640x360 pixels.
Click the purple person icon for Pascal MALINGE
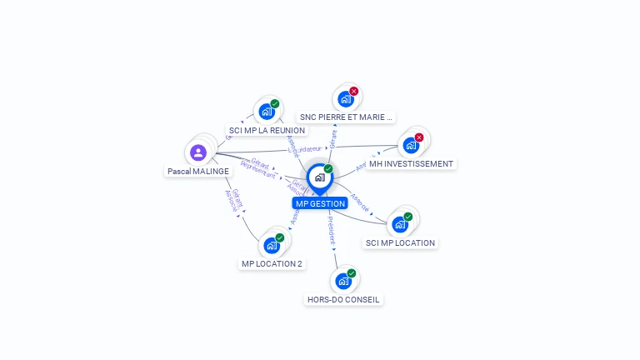(197, 152)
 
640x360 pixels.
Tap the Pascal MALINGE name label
(198, 171)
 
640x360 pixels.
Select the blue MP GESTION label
(320, 203)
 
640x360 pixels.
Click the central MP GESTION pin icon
(319, 177)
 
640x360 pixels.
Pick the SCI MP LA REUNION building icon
(267, 112)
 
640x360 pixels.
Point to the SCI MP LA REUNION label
(267, 131)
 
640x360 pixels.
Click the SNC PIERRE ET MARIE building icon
(346, 99)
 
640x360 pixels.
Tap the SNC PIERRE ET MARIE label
(346, 117)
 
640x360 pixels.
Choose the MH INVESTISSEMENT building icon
(411, 146)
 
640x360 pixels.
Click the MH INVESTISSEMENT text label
(412, 164)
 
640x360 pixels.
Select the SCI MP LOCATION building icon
(400, 224)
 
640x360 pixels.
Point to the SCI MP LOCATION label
(400, 243)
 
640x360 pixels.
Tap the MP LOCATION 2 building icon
(272, 245)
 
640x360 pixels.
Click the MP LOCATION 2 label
(272, 264)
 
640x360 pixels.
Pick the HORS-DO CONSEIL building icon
(343, 281)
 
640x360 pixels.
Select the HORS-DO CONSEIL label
(344, 299)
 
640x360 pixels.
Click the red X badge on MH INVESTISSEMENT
(419, 137)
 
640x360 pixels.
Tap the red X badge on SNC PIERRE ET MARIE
(354, 91)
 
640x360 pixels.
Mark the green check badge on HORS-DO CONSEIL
(352, 273)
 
